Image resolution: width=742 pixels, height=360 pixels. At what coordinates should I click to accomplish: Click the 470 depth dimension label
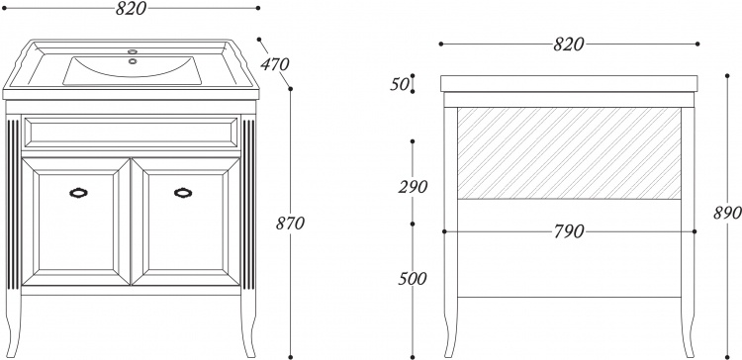coord(274,63)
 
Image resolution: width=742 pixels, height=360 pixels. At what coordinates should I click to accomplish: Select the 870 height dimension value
coord(290,223)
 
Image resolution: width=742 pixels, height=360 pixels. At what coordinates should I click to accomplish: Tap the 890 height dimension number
coord(727,213)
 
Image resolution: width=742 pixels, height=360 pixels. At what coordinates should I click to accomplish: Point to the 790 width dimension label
coord(569,231)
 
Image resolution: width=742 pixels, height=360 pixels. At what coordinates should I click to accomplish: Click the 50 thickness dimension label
coord(400,84)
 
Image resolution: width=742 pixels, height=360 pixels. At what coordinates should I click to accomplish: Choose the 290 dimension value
coord(413,187)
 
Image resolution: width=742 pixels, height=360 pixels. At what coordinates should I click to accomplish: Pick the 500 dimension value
coord(413,279)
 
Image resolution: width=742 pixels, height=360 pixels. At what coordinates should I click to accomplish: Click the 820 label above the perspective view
coord(131,8)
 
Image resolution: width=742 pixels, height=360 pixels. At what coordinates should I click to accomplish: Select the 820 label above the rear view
coord(569,44)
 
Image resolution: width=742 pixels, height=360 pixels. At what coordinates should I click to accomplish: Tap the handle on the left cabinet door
coord(78,193)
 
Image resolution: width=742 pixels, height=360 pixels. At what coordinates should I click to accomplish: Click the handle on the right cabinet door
coord(183,193)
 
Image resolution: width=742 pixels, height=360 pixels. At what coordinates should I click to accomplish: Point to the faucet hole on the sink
coord(133,50)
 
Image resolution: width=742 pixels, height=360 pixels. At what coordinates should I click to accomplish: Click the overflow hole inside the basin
coord(133,60)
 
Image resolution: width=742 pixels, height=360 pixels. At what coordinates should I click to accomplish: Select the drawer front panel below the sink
coord(131,133)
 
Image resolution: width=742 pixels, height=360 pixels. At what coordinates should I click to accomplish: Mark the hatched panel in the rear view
coord(569,153)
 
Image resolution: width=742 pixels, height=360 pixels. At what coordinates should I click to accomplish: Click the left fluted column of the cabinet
coord(13,205)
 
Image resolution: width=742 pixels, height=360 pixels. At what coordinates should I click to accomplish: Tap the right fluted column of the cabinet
coord(248,205)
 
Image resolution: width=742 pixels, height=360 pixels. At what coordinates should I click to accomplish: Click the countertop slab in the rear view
coord(569,83)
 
